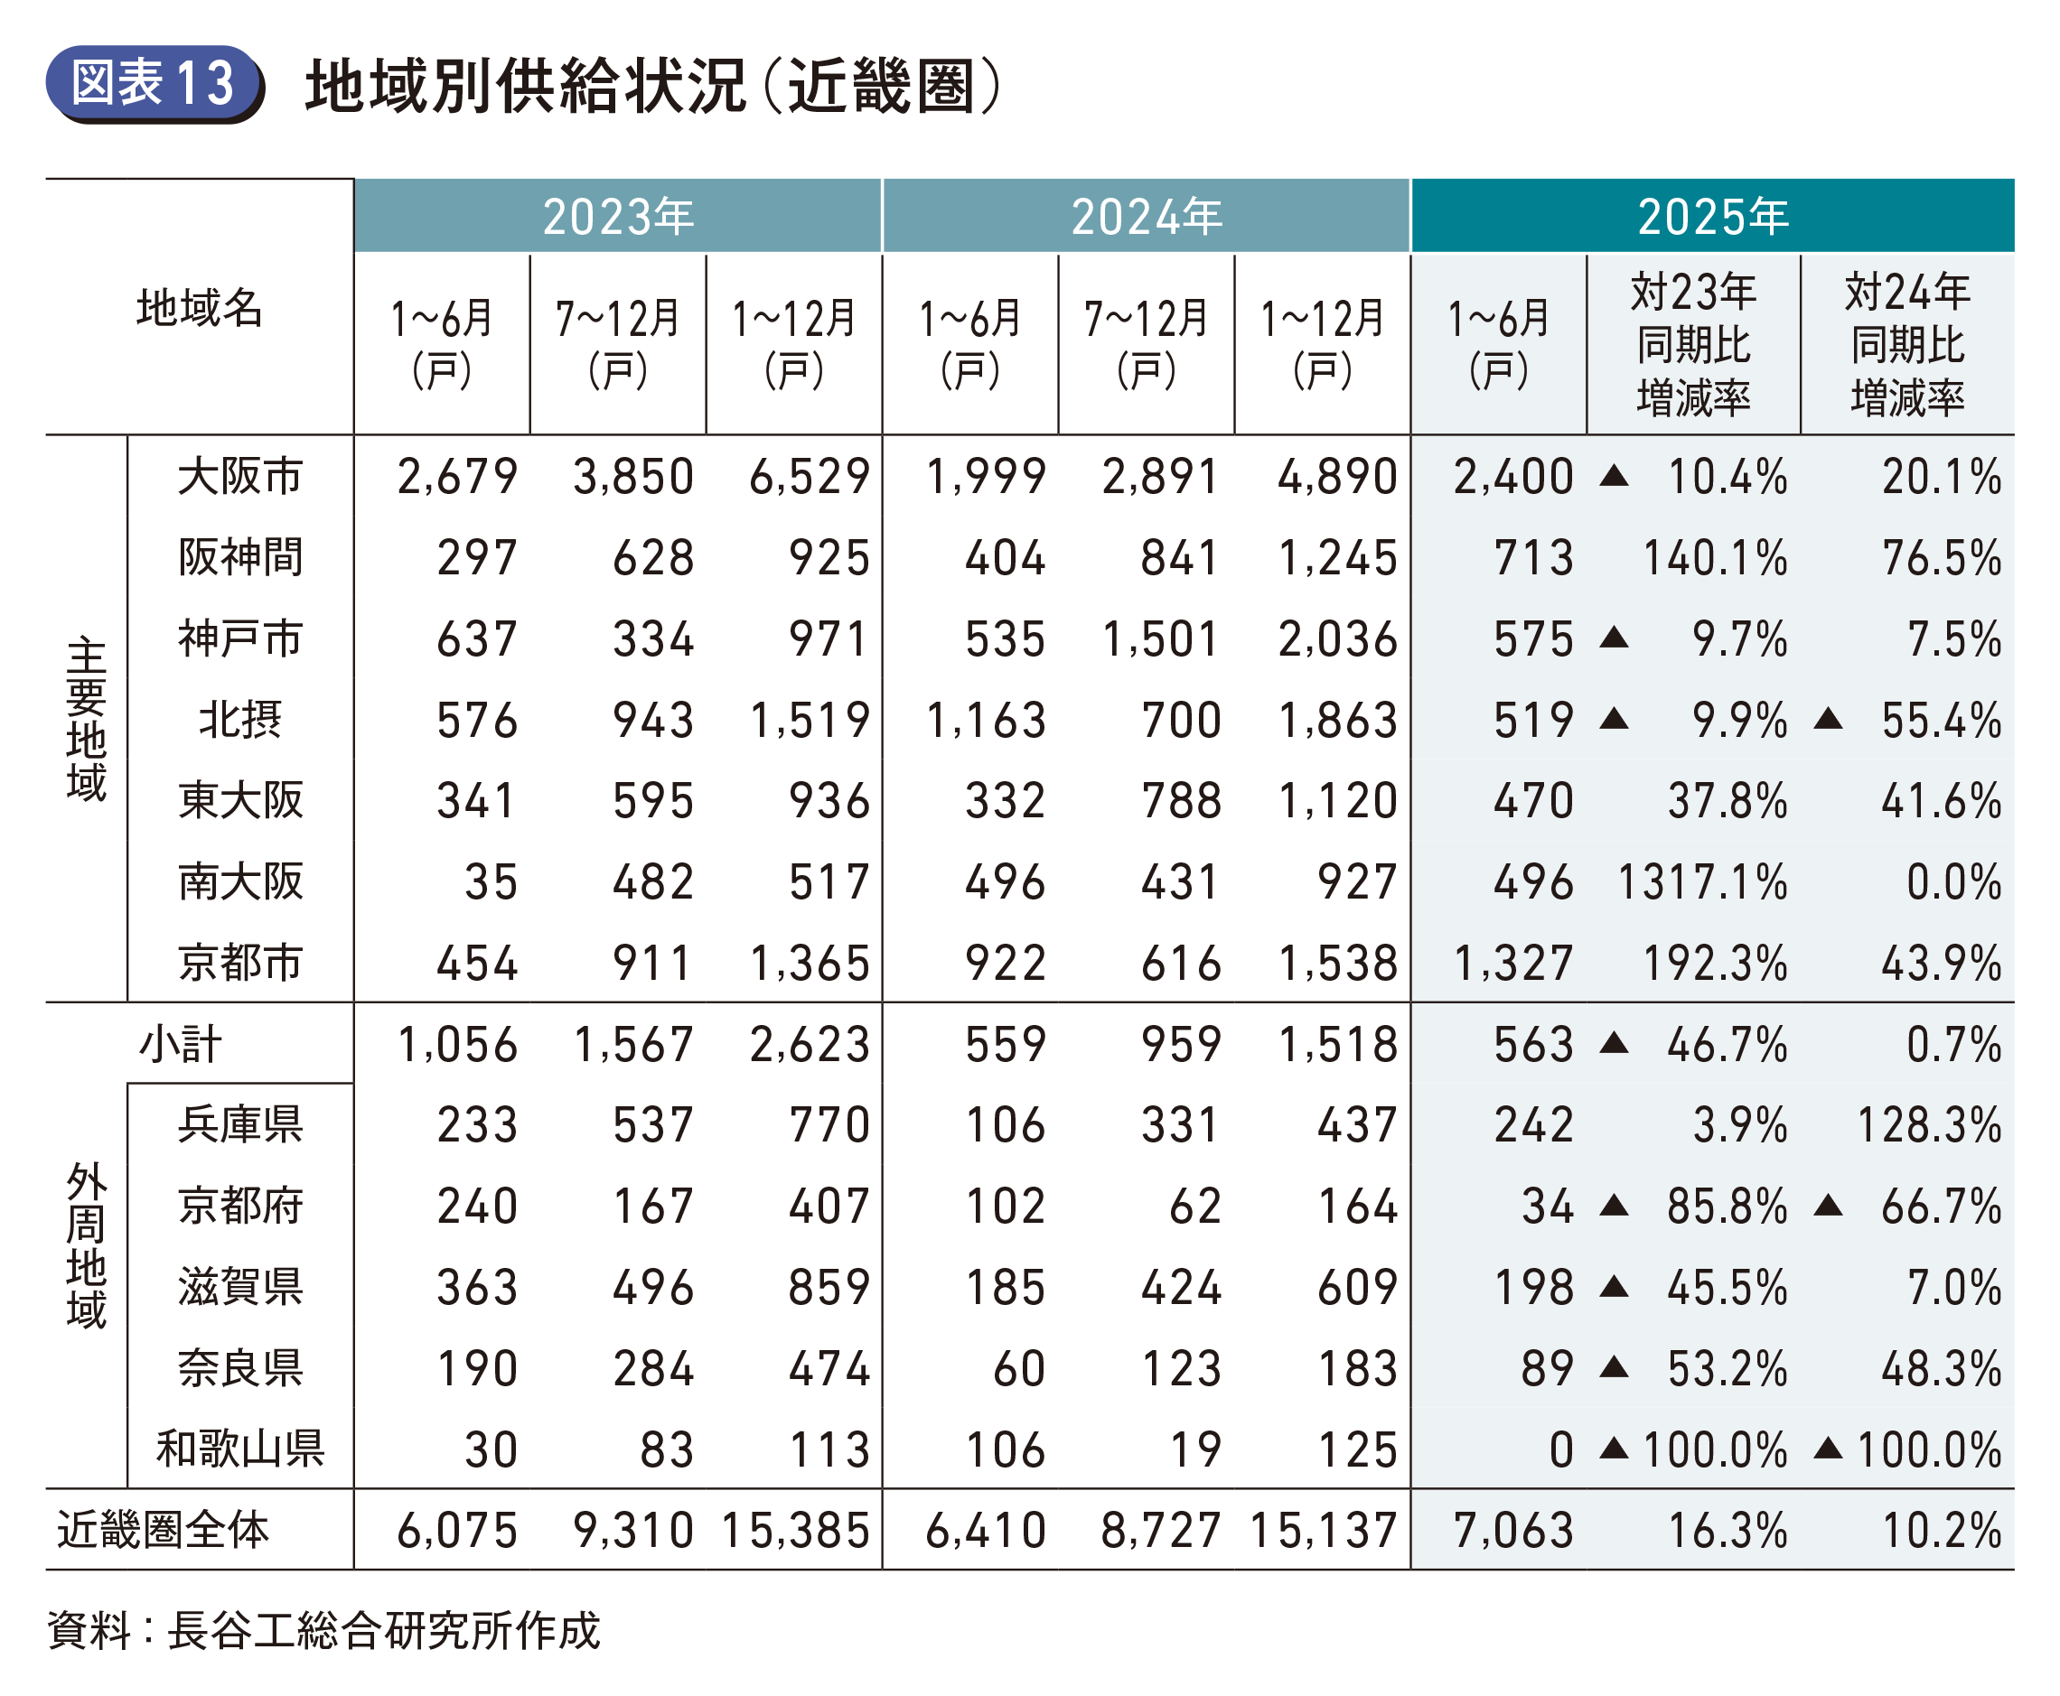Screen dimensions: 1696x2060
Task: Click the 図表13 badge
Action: pos(154,83)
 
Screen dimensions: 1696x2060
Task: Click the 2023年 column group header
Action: pos(618,216)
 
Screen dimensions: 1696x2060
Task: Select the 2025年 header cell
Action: pos(1712,216)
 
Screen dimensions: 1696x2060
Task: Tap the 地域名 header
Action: pos(200,308)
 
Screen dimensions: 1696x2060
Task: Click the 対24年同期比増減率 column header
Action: pos(1906,344)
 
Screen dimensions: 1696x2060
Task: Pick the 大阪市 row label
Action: pos(240,477)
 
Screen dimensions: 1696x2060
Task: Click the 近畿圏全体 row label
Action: pos(163,1530)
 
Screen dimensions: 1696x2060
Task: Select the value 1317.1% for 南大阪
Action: pos(1702,882)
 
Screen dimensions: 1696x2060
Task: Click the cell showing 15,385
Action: pos(795,1530)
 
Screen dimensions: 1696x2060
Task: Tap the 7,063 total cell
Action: pos(1512,1530)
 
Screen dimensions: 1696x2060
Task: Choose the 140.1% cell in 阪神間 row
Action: pos(1714,558)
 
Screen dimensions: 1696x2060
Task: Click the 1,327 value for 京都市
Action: pos(1512,964)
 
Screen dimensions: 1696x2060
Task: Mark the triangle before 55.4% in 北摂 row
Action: pos(1828,720)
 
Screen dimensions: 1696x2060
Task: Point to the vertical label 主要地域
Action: pos(86,719)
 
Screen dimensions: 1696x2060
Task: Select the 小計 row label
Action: pos(181,1043)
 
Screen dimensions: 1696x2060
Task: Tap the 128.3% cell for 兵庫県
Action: pos(1928,1124)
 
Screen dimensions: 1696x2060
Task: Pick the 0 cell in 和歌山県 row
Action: pos(1560,1449)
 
